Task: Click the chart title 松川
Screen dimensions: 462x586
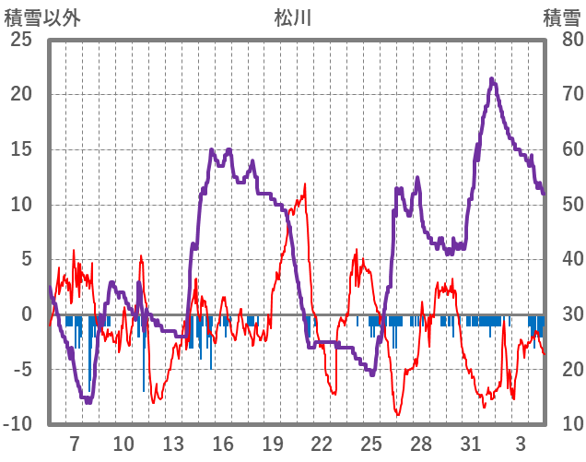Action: pos(293,17)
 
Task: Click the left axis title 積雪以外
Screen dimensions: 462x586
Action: pos(42,17)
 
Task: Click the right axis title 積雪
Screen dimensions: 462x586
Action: pos(560,17)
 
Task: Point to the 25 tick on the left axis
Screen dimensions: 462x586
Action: pos(21,40)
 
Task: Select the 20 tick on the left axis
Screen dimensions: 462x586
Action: pos(21,94)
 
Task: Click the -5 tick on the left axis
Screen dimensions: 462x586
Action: pos(21,370)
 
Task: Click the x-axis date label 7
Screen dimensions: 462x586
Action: pos(74,444)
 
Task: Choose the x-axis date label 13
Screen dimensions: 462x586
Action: pos(172,444)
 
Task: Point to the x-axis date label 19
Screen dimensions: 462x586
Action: pos(272,444)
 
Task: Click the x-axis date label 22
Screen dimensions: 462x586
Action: pos(322,444)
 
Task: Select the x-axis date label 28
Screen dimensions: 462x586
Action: pos(421,444)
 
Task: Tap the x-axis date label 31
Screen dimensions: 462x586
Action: pos(471,444)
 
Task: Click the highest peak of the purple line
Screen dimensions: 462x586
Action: pos(492,79)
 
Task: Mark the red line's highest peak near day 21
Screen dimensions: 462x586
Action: pos(304,184)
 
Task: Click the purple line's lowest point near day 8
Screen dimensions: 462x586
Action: pos(88,402)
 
